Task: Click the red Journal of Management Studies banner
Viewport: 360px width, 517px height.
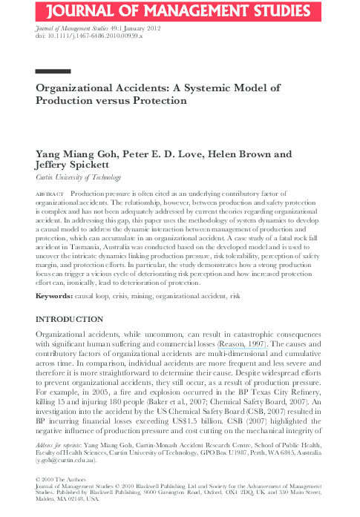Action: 180,10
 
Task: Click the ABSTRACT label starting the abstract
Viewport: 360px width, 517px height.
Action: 50,193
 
